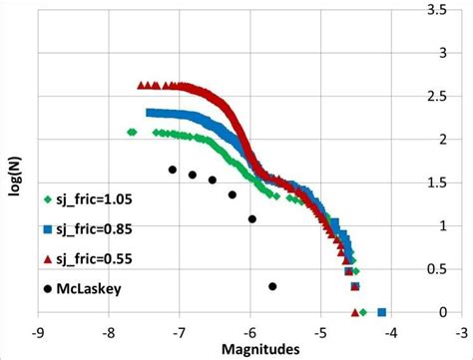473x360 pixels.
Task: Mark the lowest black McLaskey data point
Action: click(272, 286)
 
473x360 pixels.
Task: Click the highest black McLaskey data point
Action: click(173, 170)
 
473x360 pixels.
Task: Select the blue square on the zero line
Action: click(382, 312)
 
